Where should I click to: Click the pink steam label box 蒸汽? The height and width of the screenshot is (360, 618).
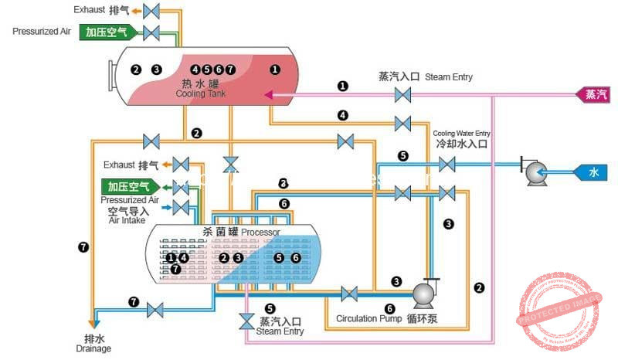tap(596, 95)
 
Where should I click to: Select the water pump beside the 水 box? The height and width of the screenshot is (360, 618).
tap(535, 172)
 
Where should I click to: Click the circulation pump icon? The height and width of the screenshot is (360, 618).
tap(424, 294)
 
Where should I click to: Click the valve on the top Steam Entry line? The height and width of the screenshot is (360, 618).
tap(402, 95)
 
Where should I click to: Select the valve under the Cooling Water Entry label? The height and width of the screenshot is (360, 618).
tap(447, 164)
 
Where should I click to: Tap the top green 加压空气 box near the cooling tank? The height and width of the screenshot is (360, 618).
tap(110, 32)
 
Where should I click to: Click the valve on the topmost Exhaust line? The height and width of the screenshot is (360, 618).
tap(152, 11)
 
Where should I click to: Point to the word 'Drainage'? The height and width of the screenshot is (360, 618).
tap(93, 348)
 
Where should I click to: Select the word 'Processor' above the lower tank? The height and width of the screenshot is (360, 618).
tap(260, 232)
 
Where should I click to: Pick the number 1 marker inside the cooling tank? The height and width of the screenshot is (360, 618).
tap(274, 70)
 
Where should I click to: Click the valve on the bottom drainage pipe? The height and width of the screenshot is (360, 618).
tap(155, 309)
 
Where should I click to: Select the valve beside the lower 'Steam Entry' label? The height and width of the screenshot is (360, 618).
tap(246, 320)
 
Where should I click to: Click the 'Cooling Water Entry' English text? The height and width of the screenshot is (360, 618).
tap(461, 133)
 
